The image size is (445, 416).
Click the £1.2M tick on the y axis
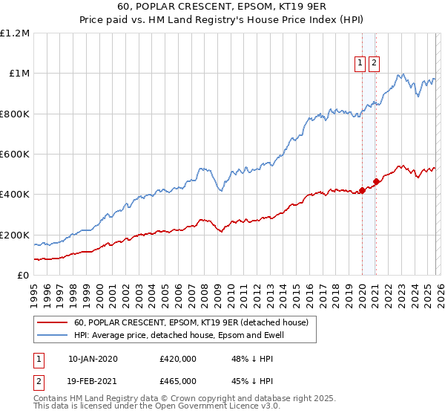click(15, 33)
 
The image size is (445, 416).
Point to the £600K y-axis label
click(15, 155)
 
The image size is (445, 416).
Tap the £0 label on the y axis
click(22, 276)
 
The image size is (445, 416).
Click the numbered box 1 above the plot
click(360, 64)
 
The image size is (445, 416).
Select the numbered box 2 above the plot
click(374, 64)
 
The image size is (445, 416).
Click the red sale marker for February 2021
click(376, 181)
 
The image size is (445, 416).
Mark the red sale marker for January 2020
click(362, 190)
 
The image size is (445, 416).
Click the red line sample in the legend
click(53, 323)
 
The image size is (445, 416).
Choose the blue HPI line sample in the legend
click(53, 335)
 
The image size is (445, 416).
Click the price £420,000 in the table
click(178, 359)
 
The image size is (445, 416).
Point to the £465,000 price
click(178, 380)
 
